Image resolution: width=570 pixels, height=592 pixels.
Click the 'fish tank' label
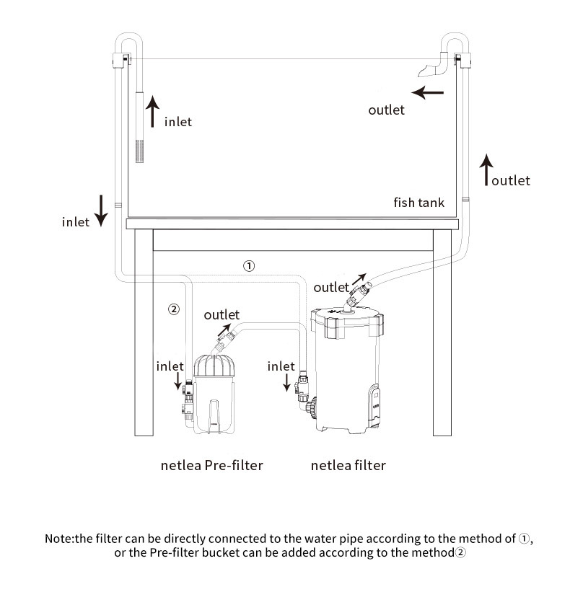tap(418, 202)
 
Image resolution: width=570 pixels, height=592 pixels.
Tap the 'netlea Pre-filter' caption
tap(211, 465)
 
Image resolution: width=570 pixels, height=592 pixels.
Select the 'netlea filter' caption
tap(348, 465)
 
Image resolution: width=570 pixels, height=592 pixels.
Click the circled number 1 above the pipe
tap(249, 266)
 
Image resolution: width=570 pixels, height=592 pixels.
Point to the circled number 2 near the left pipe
tap(173, 309)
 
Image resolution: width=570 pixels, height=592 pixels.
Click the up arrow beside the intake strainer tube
tap(152, 113)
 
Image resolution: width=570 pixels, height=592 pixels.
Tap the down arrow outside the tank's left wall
tap(102, 210)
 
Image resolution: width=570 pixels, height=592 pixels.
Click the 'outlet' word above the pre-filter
tap(222, 315)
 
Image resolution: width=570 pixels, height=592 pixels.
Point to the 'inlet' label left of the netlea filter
tap(281, 366)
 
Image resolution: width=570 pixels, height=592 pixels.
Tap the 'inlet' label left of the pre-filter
tap(170, 366)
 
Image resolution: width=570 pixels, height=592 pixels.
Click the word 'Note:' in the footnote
tap(61, 539)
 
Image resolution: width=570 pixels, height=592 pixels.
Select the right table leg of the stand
tap(442, 339)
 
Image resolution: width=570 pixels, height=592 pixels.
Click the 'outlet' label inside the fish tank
tap(387, 110)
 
